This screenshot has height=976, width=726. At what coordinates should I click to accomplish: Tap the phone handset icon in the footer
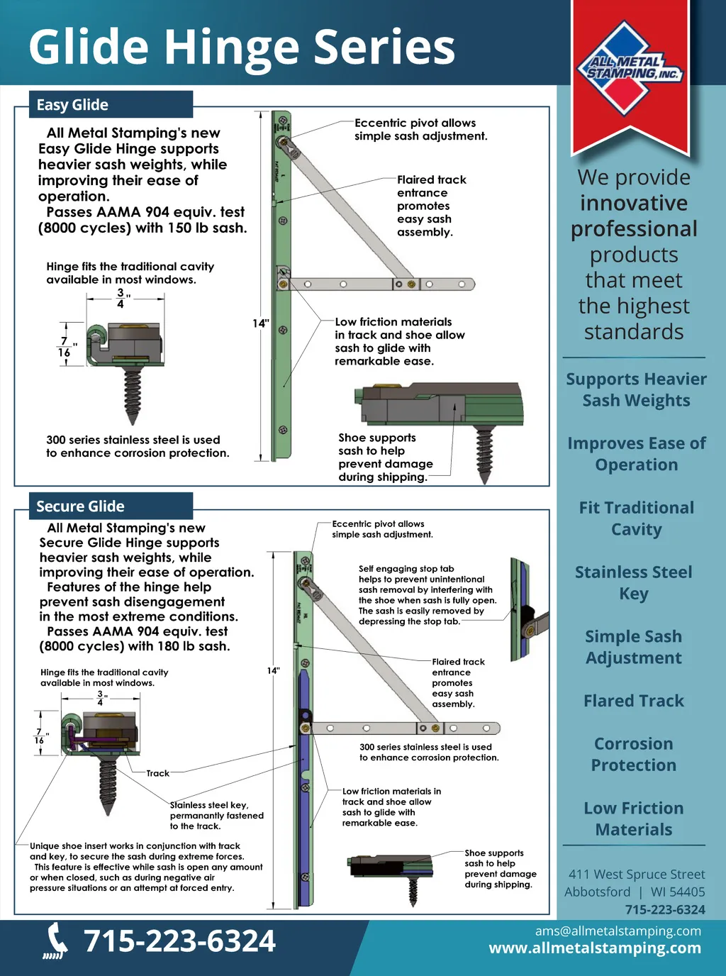pyautogui.click(x=55, y=941)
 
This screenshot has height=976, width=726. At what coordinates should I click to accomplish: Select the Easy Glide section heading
pyautogui.click(x=72, y=105)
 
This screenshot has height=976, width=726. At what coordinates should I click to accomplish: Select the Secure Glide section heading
pyautogui.click(x=80, y=506)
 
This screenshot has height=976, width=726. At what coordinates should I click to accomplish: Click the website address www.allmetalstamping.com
pyautogui.click(x=595, y=948)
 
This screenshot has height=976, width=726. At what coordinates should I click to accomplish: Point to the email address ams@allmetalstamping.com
pyautogui.click(x=618, y=931)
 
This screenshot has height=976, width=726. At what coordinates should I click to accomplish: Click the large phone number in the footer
pyautogui.click(x=179, y=941)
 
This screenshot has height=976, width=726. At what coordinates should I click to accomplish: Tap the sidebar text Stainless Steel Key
pyautogui.click(x=633, y=582)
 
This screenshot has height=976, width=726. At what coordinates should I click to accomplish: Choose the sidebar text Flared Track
pyautogui.click(x=633, y=701)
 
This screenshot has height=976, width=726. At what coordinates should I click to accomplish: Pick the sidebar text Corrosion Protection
pyautogui.click(x=633, y=754)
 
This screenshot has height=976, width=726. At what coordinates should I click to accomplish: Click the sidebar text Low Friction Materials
pyautogui.click(x=633, y=819)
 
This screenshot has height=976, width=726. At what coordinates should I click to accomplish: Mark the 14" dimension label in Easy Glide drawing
pyautogui.click(x=261, y=323)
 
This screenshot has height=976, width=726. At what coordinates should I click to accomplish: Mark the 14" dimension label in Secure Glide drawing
pyautogui.click(x=274, y=670)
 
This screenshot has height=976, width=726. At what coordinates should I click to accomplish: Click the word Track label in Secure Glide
pyautogui.click(x=157, y=773)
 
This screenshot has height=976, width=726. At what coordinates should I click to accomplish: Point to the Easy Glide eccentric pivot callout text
pyautogui.click(x=420, y=129)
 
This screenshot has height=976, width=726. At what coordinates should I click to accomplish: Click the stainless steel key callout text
pyautogui.click(x=216, y=815)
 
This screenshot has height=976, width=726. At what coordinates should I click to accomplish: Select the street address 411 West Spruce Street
pyautogui.click(x=636, y=874)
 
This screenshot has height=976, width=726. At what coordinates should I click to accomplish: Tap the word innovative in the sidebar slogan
pyautogui.click(x=633, y=204)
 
